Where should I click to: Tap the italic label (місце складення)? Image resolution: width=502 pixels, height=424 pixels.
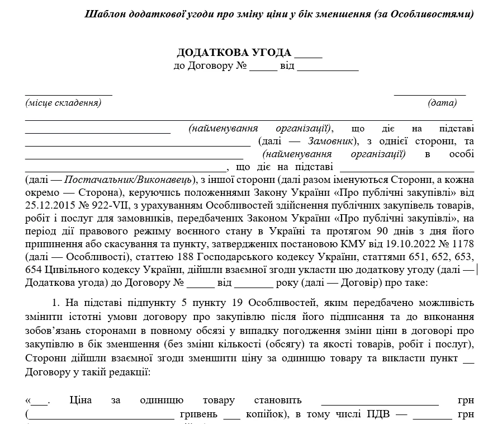63,102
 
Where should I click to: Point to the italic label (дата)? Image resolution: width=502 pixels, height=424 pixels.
442,102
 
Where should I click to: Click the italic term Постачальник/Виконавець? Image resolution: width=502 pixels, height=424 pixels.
128,180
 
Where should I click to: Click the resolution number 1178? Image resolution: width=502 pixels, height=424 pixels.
463,244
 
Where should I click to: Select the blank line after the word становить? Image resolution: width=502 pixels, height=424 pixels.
380,402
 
